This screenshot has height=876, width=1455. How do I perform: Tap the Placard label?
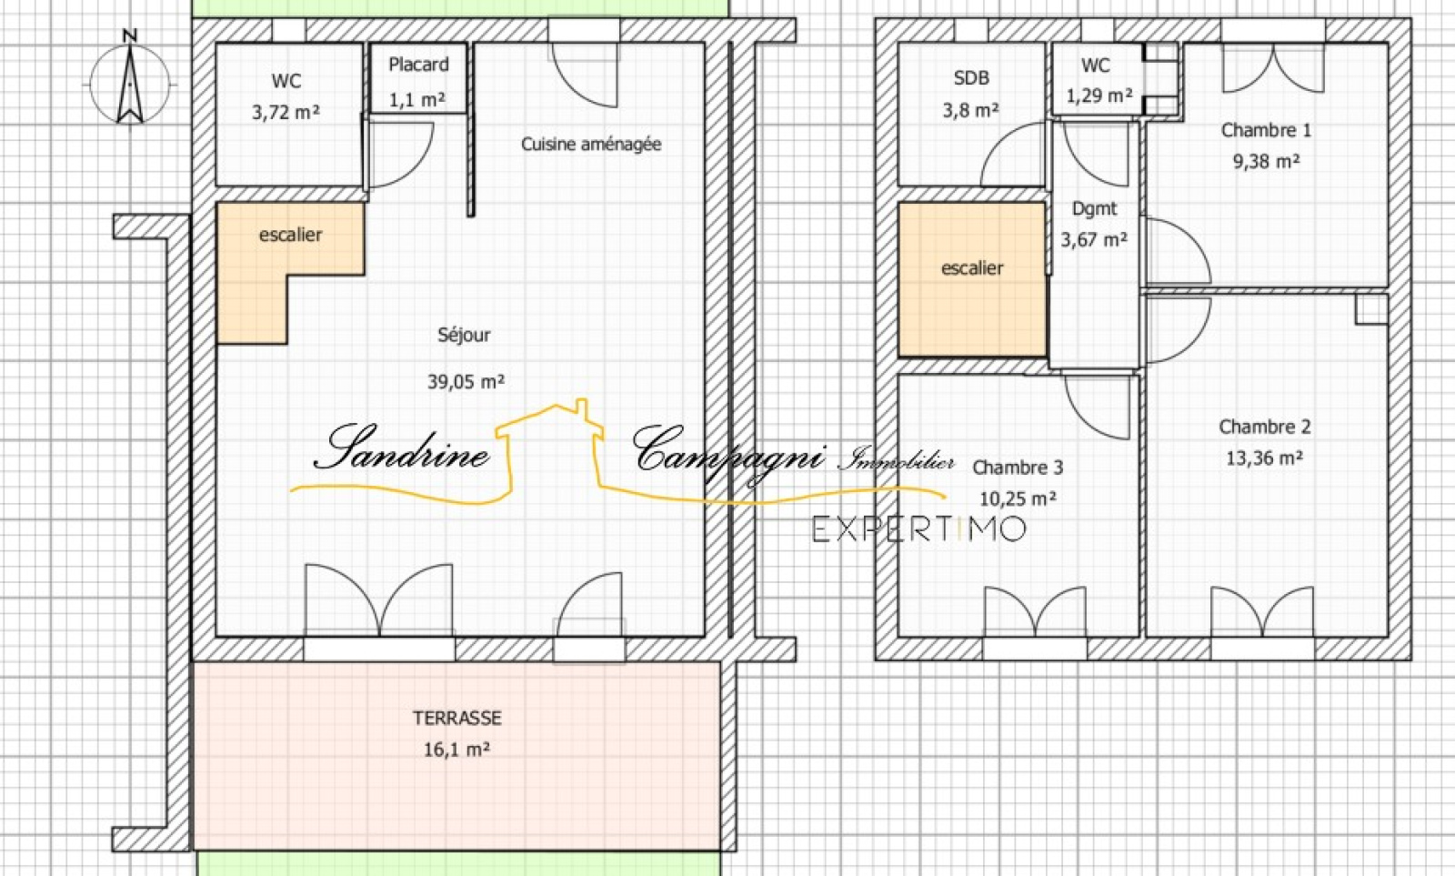click(418, 65)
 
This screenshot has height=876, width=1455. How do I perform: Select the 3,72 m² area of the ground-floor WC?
click(286, 113)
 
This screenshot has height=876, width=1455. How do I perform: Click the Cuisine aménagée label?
click(591, 144)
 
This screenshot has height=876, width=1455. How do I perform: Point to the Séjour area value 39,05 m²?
click(466, 381)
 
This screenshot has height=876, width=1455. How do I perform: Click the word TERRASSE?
click(457, 718)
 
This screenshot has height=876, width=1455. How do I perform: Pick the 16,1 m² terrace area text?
click(457, 750)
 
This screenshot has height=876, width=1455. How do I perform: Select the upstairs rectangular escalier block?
click(972, 279)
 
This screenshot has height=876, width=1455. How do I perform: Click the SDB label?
click(971, 78)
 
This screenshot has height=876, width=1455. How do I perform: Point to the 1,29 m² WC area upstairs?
click(1099, 96)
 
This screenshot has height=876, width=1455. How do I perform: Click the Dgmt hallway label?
click(1095, 208)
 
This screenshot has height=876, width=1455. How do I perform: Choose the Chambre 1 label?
click(1266, 130)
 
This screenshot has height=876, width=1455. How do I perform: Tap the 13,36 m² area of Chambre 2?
click(1264, 458)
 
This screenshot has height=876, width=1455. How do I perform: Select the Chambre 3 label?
click(1018, 468)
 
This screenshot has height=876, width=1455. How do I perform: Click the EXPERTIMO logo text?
click(919, 529)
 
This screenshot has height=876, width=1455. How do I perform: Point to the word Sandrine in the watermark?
click(401, 448)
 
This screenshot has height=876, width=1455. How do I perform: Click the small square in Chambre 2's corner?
click(1370, 309)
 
